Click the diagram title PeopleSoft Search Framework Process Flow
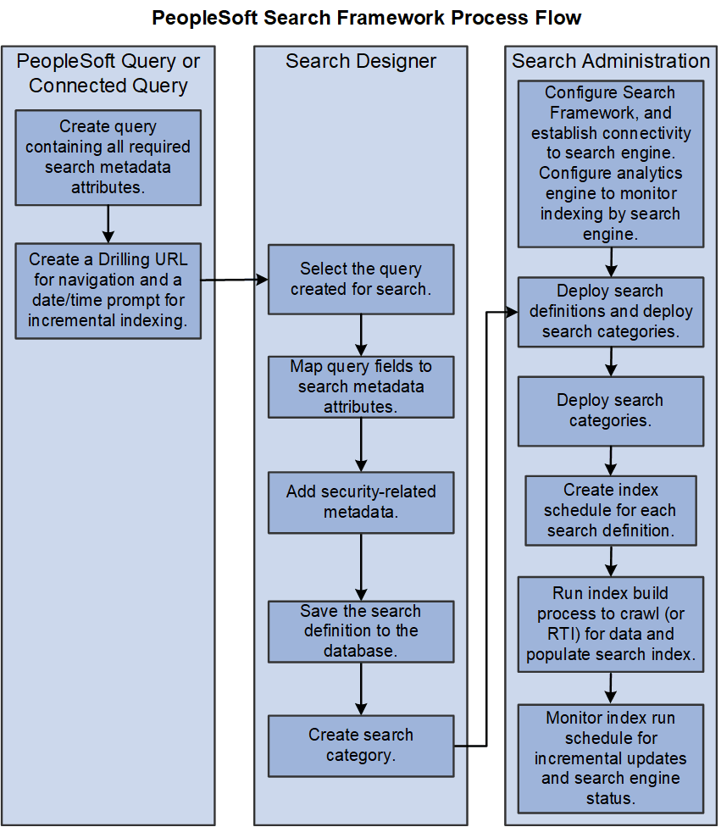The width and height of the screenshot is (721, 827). pyautogui.click(x=366, y=18)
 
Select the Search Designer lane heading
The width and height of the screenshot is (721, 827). pyautogui.click(x=361, y=61)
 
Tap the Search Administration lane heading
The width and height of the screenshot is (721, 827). pyautogui.click(x=610, y=61)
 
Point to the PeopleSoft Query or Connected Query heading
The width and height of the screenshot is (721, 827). pyautogui.click(x=108, y=73)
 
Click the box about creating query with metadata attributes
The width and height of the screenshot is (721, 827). pyautogui.click(x=108, y=158)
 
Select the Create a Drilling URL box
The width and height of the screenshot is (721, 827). pyautogui.click(x=108, y=291)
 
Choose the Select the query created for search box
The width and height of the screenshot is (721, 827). pyautogui.click(x=361, y=280)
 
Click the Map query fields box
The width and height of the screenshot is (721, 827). pyautogui.click(x=361, y=386)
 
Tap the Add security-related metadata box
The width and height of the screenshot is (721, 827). pyautogui.click(x=361, y=502)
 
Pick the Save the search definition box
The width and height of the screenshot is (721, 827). pyautogui.click(x=361, y=631)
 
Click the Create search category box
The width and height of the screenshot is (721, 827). pyautogui.click(x=361, y=746)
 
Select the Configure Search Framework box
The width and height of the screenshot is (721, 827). pyautogui.click(x=610, y=164)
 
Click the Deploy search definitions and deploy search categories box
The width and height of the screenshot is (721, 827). pyautogui.click(x=610, y=312)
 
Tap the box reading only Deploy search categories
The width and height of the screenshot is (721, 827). pyautogui.click(x=610, y=411)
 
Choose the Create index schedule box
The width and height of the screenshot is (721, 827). pyautogui.click(x=610, y=510)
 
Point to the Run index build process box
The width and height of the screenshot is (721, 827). pyautogui.click(x=610, y=624)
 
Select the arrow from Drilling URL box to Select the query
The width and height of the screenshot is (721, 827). pyautogui.click(x=234, y=279)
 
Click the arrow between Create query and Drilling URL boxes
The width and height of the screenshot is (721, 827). pyautogui.click(x=108, y=224)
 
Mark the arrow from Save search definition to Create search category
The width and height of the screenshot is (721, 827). pyautogui.click(x=361, y=689)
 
